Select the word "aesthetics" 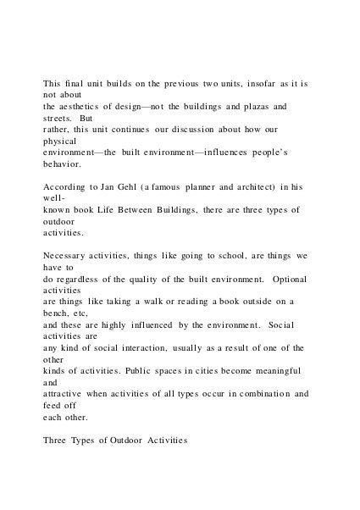tap(89, 107)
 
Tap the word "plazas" tap(252, 107)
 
